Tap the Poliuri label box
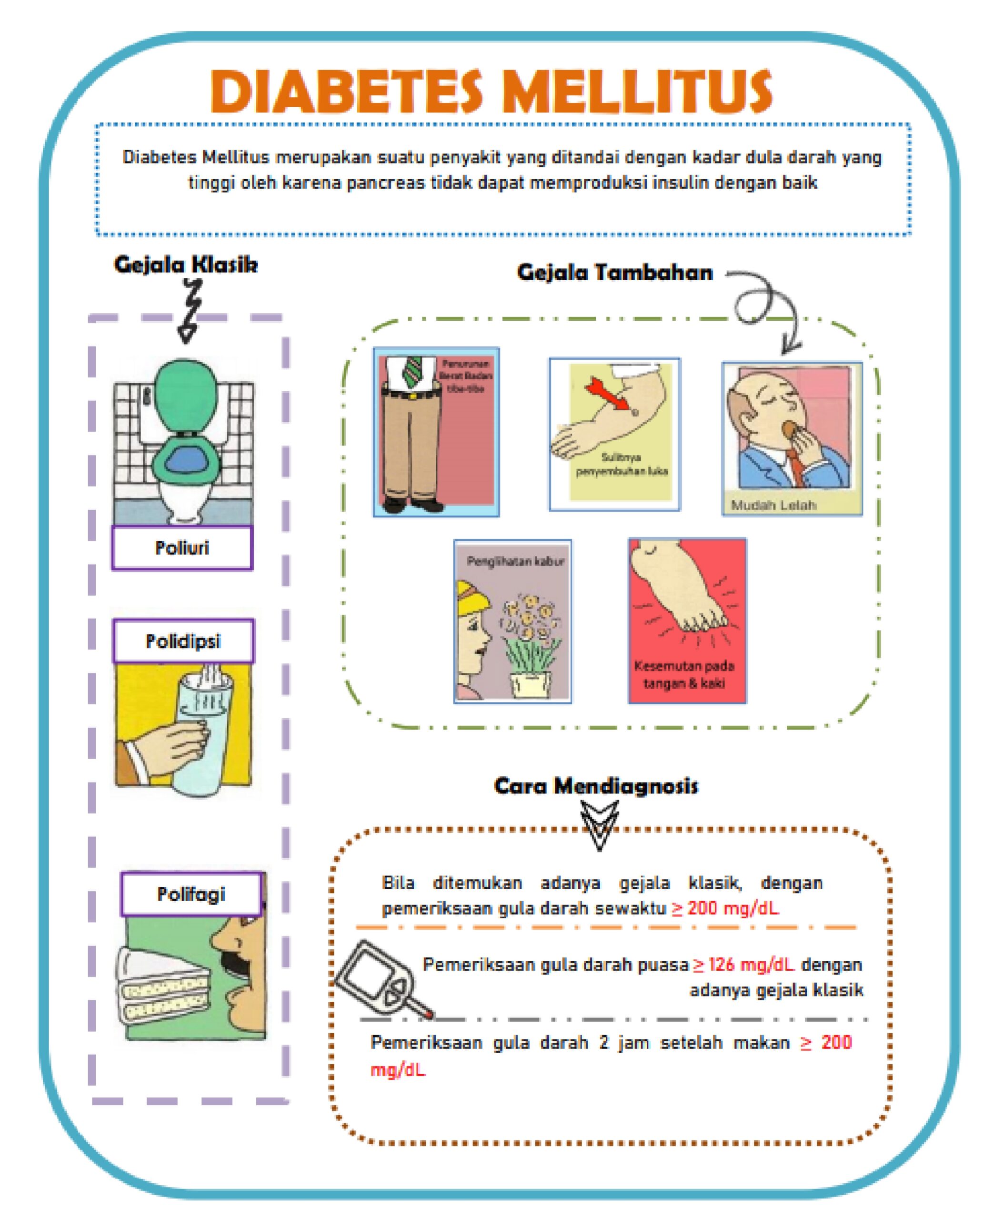[182, 548]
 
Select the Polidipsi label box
[183, 641]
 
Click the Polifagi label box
[191, 894]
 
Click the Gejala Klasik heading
[186, 265]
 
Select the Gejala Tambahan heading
[615, 273]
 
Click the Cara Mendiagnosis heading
[596, 786]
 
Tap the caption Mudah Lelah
[773, 505]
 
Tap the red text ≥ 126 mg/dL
[743, 965]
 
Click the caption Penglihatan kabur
[515, 561]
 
